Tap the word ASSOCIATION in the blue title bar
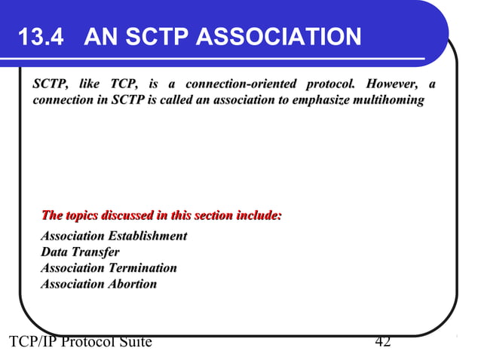pos(288,36)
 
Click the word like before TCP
pos(90,83)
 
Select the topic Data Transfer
pos(80,252)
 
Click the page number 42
pos(382,343)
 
